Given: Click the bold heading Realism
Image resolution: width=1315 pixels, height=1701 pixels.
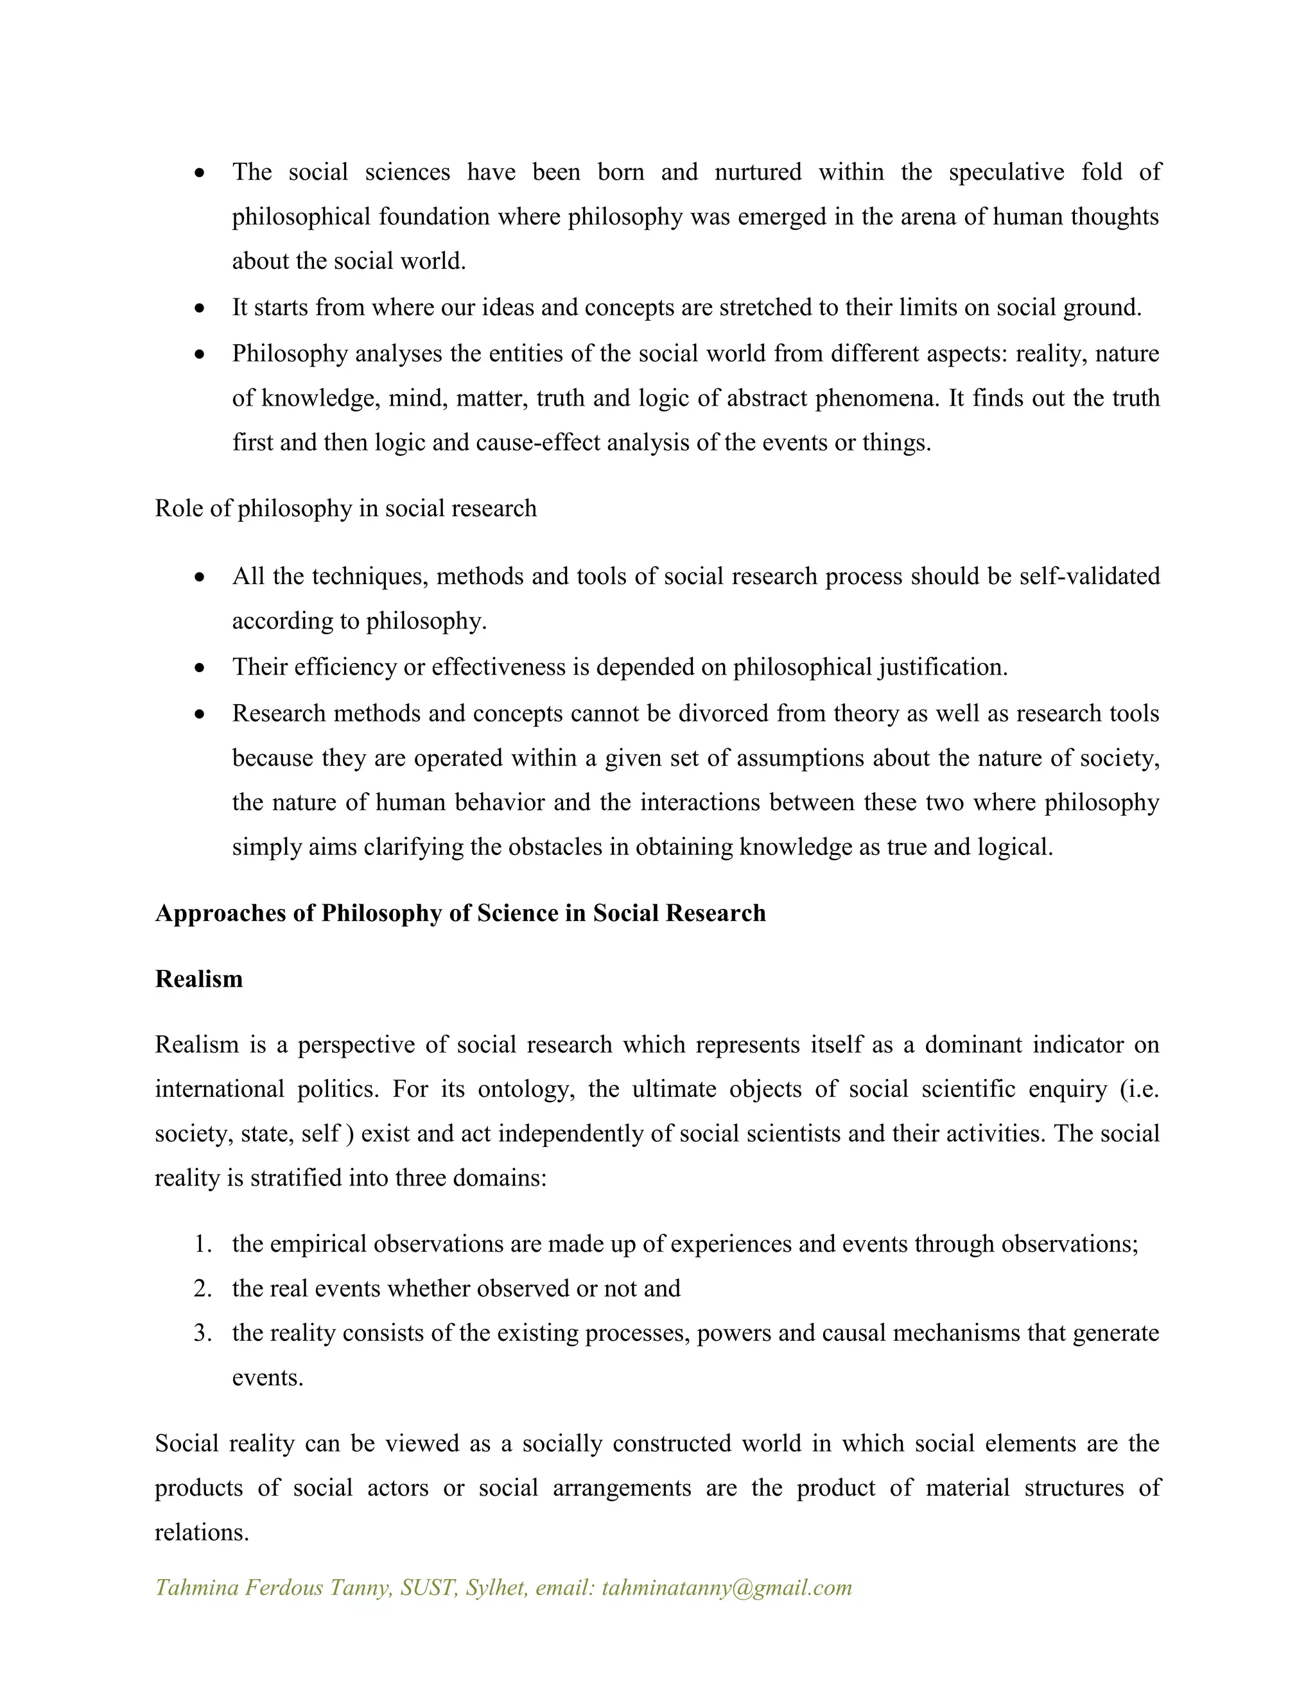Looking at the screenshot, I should pyautogui.click(x=198, y=979).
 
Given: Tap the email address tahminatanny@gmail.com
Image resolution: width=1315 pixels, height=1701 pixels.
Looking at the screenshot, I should pyautogui.click(x=727, y=1587).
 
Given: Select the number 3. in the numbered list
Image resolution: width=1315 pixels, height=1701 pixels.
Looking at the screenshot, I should pyautogui.click(x=202, y=1333).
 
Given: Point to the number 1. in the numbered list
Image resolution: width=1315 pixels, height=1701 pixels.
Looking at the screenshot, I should pyautogui.click(x=202, y=1244).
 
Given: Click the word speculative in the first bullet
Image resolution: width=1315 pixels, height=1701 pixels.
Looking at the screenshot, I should pyautogui.click(x=1006, y=172).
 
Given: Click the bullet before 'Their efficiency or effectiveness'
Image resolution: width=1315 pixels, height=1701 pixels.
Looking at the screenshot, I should pyautogui.click(x=200, y=668).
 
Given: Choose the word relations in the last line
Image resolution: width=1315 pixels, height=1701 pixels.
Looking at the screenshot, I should pyautogui.click(x=201, y=1533).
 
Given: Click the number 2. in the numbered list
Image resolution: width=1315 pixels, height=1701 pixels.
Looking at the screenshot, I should pyautogui.click(x=202, y=1288).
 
